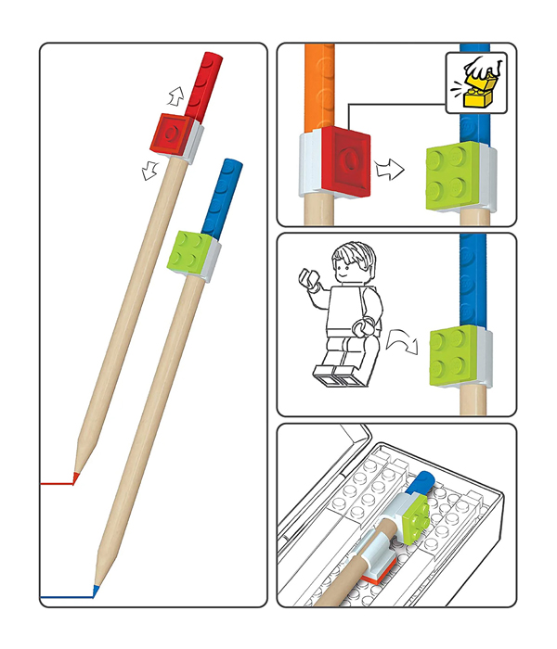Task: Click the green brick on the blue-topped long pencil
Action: point(192,252)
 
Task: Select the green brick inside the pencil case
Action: point(414,515)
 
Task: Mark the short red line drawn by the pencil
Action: point(58,483)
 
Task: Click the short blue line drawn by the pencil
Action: point(67,594)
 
